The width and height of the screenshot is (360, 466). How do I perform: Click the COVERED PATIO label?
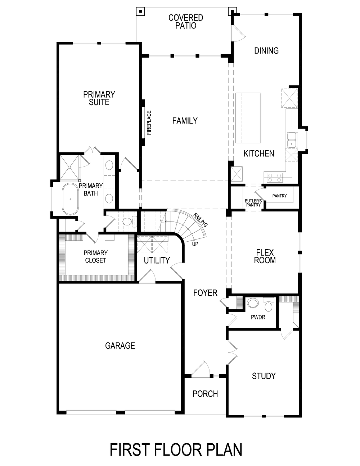coord(186,22)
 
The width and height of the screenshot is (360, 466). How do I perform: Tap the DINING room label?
coord(266,50)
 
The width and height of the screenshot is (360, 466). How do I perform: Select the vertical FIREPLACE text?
coord(149,122)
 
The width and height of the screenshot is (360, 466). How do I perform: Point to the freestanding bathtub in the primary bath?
coord(70,199)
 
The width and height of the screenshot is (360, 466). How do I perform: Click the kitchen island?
coord(248,118)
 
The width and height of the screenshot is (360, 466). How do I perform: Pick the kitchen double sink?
coord(292,140)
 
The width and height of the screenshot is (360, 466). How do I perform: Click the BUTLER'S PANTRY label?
coord(253,203)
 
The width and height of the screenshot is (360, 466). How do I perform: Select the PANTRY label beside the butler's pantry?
coord(280,196)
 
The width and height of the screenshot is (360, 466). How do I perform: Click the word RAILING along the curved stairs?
coord(200,220)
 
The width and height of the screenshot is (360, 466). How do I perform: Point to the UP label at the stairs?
coord(195,244)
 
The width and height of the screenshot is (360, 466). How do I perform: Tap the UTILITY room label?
coord(157,260)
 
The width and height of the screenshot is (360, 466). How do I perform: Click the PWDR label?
coord(258,317)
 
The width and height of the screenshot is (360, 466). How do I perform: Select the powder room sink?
coord(253,303)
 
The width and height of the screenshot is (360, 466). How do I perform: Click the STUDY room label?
coord(264,376)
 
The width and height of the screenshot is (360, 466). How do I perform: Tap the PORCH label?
coord(205,394)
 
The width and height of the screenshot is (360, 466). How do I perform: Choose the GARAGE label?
coord(120,346)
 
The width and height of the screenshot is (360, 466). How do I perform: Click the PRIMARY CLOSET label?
coord(95,256)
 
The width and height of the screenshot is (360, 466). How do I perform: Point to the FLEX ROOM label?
coord(265,256)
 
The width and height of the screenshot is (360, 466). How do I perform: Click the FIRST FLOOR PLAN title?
coord(176,450)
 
